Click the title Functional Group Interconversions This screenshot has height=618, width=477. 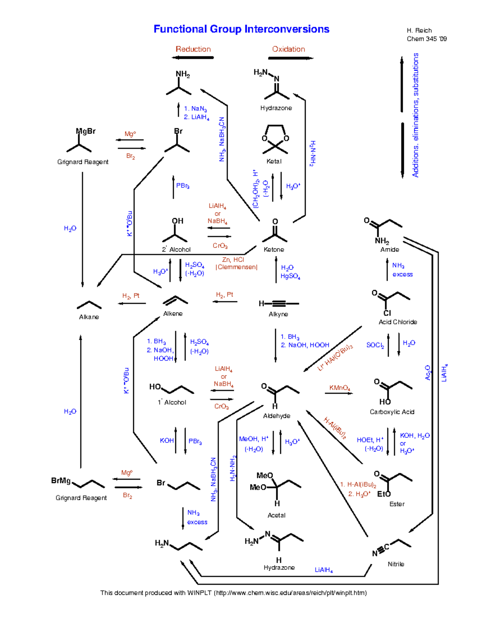(241, 29)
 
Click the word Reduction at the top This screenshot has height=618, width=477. (193, 49)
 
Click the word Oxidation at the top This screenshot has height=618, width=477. (289, 49)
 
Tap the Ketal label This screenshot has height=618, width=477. (274, 161)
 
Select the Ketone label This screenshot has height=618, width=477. (274, 250)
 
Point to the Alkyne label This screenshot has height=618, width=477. (278, 314)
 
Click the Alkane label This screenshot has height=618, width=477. (89, 317)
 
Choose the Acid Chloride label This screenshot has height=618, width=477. (397, 322)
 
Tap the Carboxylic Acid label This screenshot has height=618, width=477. (392, 412)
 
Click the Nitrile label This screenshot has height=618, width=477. (396, 564)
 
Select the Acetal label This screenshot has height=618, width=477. (276, 515)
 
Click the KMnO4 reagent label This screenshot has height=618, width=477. (339, 388)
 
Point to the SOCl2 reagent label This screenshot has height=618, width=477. (375, 345)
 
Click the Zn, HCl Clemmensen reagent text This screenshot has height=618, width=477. (236, 263)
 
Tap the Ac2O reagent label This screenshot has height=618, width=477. (428, 372)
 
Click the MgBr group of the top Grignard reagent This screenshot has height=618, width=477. (85, 131)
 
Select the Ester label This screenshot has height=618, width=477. (397, 504)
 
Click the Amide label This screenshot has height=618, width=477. (390, 250)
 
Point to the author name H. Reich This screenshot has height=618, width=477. (419, 30)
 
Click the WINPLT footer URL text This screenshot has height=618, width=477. (290, 593)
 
